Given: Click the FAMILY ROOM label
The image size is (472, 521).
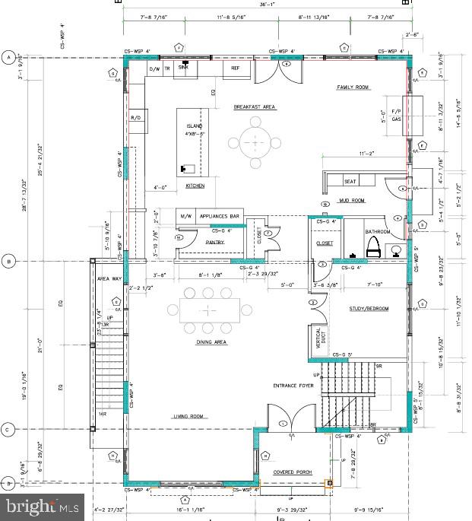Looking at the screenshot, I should pos(353,87).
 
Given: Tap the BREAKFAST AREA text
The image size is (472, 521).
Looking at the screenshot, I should pos(254,108).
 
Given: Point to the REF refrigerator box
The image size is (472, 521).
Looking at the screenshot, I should pos(236,68).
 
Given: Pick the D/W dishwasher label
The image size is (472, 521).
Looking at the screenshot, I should pos(154,69).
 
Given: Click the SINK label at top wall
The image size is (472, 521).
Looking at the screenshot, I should pos(183,67).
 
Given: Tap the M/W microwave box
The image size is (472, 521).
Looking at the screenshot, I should pos(186,217).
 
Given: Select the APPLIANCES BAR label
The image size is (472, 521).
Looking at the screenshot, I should pos(220,217).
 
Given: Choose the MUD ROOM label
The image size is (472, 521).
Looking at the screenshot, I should pos(351,201).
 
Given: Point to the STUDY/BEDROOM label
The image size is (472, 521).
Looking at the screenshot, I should pos(369,309).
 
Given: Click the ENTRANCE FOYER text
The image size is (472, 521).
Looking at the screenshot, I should pos(294,386).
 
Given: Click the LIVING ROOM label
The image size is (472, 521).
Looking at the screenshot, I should pos(190,417).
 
